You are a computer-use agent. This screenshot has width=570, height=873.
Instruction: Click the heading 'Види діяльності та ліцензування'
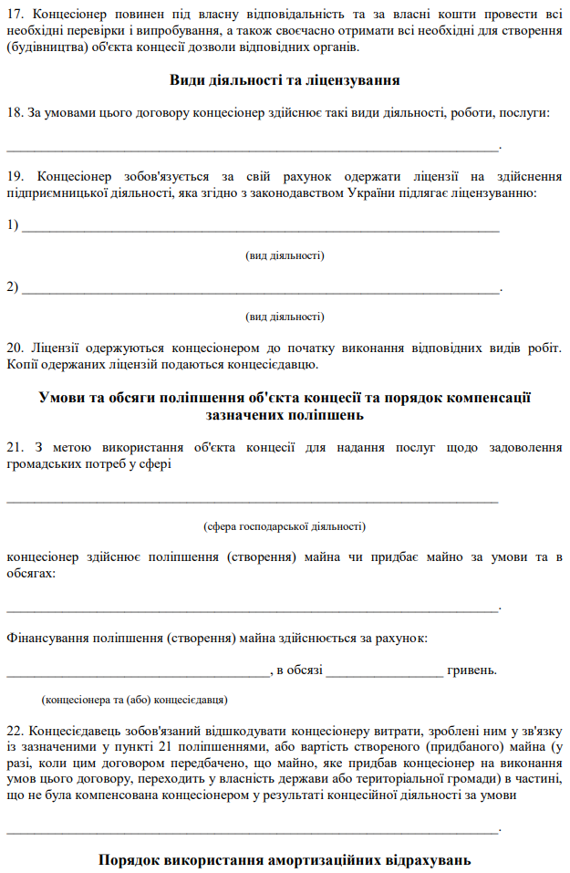point(285,80)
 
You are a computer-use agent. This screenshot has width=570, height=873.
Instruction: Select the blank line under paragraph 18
point(253,147)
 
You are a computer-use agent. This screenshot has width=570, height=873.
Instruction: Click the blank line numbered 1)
point(260,228)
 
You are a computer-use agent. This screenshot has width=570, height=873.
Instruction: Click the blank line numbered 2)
point(260,290)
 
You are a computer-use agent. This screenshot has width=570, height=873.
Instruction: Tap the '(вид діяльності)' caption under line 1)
point(285,255)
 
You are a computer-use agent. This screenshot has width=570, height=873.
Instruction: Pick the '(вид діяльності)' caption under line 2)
point(285,317)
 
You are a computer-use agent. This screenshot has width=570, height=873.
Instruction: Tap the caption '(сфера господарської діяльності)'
point(285,526)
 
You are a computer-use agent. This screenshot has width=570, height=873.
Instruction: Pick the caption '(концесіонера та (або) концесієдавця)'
point(135,700)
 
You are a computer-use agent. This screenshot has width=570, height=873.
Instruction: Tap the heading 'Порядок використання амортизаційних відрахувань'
point(285,860)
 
